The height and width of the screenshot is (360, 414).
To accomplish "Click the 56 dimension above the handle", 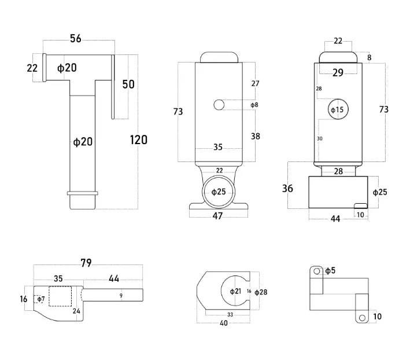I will click(75, 39).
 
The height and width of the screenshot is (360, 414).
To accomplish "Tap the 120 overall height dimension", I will click(138, 139).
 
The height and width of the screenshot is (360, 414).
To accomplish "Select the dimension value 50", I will click(128, 85).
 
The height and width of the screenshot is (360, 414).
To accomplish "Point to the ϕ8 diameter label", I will click(254, 105).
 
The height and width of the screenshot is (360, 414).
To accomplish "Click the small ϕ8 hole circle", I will click(219, 105).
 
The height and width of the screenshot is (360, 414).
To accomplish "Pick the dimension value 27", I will click(255, 83).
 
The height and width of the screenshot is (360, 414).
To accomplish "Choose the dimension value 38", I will click(255, 136).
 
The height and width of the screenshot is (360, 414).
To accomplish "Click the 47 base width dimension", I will click(218, 216).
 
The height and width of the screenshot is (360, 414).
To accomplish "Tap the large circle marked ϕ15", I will click(337, 109).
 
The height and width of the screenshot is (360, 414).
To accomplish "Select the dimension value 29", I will click(338, 72).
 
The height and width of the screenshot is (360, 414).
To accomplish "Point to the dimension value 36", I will click(287, 188).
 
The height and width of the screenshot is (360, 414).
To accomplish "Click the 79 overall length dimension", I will click(86, 263).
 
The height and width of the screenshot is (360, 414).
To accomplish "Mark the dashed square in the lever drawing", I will click(60, 296).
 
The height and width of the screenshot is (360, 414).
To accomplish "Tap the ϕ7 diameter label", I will click(40, 299).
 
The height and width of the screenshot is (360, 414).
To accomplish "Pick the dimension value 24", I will click(76, 311).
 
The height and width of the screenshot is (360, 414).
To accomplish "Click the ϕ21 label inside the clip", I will click(235, 291).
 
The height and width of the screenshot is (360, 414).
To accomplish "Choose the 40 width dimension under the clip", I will click(224, 323).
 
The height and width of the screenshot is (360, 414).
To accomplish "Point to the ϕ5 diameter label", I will click(330, 270).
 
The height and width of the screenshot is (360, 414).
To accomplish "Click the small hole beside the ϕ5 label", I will click(316, 270).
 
